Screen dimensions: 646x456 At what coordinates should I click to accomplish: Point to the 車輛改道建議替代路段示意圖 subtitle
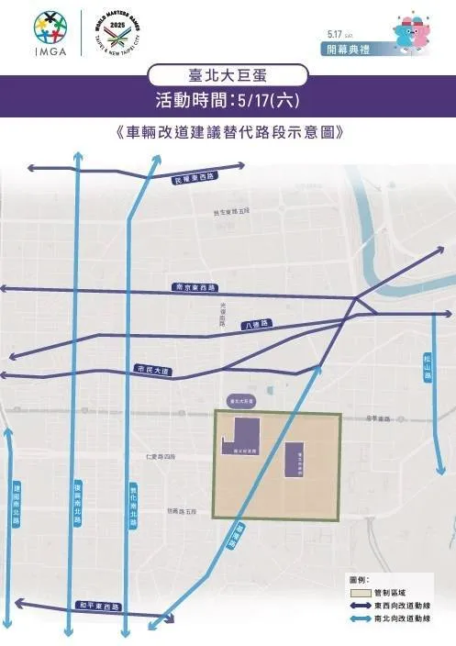click(228, 130)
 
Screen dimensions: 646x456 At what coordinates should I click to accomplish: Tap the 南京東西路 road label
click(193, 286)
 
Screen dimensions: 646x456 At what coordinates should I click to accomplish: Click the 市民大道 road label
click(152, 369)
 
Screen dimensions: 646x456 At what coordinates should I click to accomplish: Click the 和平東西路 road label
click(99, 607)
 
